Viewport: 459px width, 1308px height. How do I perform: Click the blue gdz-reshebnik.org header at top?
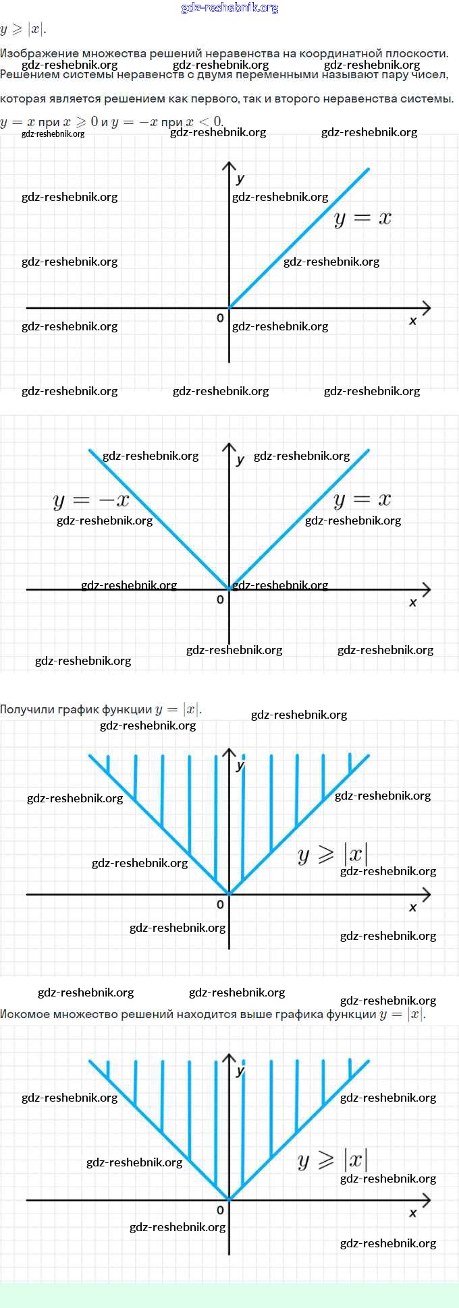coord(230,8)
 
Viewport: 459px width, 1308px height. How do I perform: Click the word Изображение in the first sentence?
coord(39,53)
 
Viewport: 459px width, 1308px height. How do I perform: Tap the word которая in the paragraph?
coord(23,98)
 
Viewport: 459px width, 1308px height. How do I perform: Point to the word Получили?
coord(28,709)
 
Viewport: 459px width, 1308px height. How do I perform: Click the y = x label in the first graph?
coord(362,218)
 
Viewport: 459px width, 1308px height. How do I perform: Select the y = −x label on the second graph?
coord(91,500)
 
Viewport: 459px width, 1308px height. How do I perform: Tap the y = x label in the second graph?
coord(362,500)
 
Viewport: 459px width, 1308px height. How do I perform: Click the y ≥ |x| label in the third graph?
coord(333,854)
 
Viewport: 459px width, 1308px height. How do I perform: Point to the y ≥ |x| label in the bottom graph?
coord(333,1160)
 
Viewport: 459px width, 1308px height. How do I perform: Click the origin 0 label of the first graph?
coord(220,318)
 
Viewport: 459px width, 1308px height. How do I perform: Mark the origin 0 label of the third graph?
coord(220,905)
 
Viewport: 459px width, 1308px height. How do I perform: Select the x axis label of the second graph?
coord(413,602)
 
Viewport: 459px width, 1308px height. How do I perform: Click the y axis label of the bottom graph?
coord(240,1071)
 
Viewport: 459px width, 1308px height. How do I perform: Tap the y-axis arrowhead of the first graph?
coord(229,165)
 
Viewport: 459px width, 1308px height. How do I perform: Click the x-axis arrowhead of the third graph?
coord(427,895)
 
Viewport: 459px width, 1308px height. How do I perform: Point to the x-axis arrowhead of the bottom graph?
coord(427,1200)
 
